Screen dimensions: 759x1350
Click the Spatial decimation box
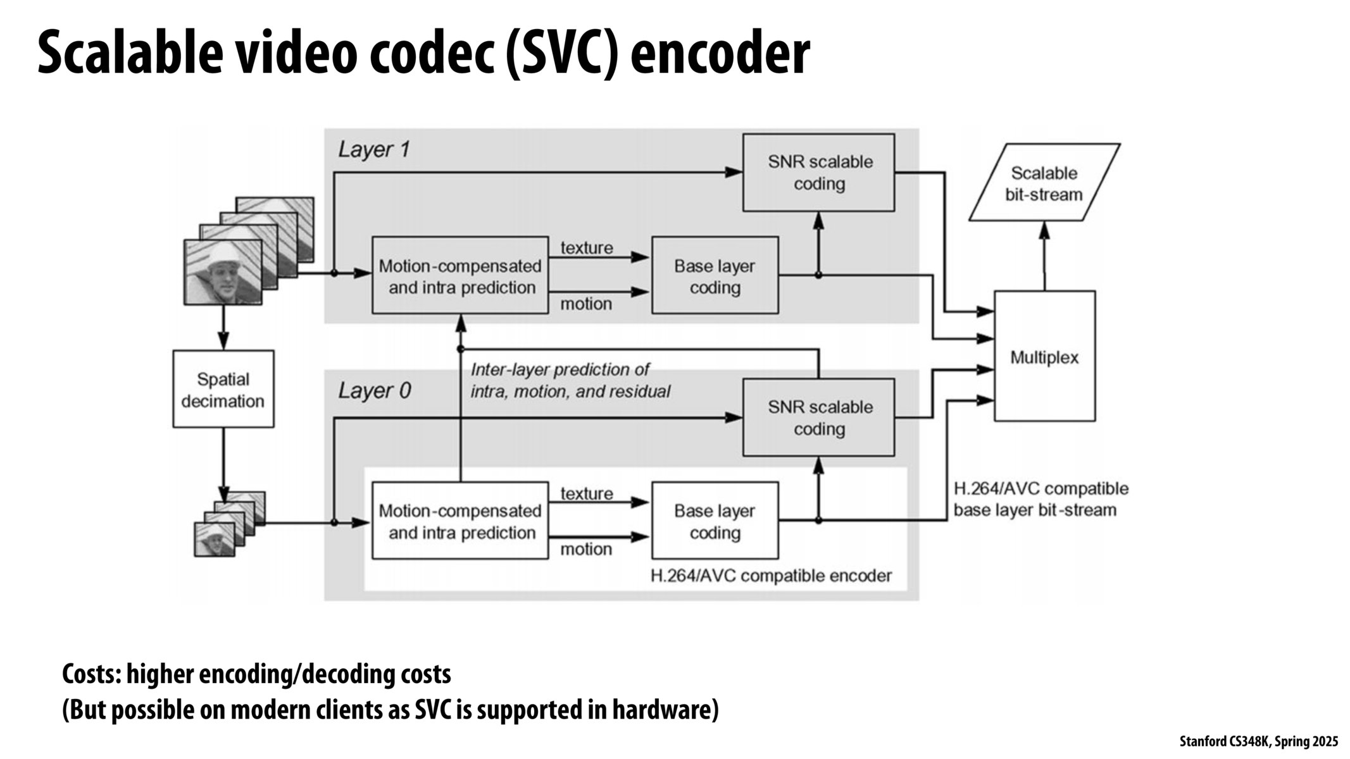click(x=223, y=389)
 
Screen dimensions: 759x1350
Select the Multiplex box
click(x=1044, y=357)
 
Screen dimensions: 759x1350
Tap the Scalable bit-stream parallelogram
click(x=1044, y=183)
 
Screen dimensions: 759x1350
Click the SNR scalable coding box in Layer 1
click(x=818, y=172)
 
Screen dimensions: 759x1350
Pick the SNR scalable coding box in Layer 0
click(x=818, y=417)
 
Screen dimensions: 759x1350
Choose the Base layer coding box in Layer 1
click(x=715, y=276)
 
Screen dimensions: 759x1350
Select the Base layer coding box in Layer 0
click(x=715, y=521)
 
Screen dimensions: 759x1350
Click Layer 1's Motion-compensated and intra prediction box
click(x=460, y=276)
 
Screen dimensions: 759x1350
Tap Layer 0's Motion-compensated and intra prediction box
click(x=460, y=521)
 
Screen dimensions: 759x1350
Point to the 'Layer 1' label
click(x=373, y=150)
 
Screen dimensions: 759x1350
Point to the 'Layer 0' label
click(x=373, y=390)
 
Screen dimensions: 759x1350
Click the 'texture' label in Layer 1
click(x=587, y=248)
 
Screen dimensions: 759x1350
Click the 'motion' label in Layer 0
click(x=586, y=549)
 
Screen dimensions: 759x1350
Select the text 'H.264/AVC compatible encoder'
click(x=771, y=576)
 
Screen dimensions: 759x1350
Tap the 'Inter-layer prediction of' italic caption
click(x=560, y=369)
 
